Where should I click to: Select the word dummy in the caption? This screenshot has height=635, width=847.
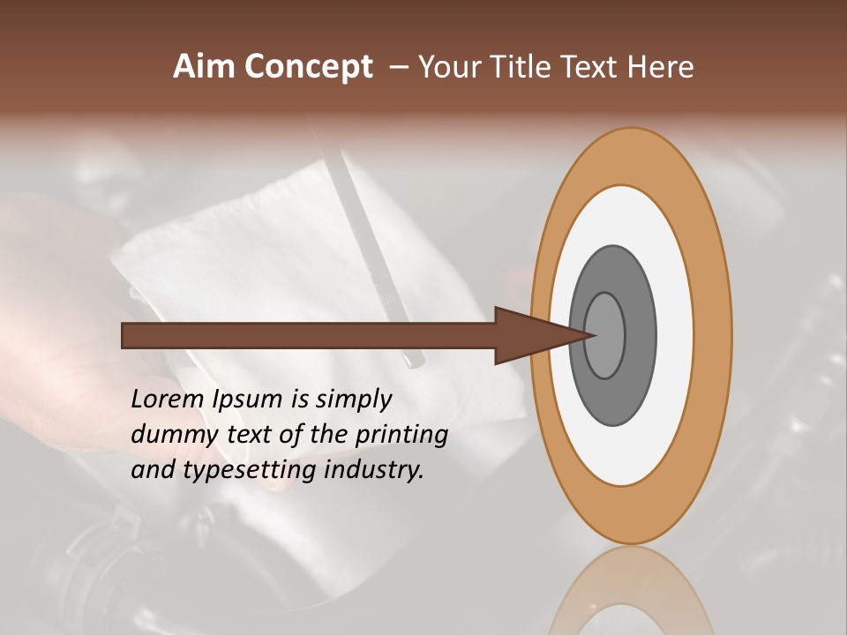click(x=170, y=435)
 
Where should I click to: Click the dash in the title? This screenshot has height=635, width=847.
click(x=399, y=68)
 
